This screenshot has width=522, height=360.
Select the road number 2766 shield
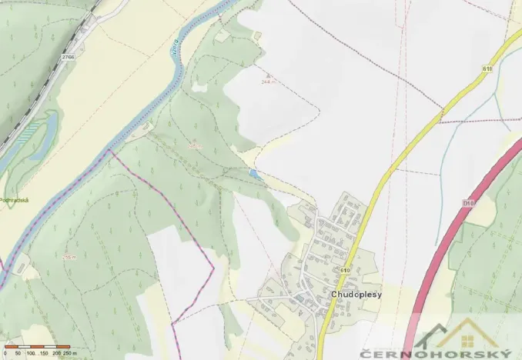(69, 56)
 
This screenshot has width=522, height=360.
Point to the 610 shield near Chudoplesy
(345, 271)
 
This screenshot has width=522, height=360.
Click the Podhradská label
(15, 199)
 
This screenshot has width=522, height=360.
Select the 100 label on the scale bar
(30, 353)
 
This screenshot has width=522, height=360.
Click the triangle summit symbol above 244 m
(267, 75)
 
